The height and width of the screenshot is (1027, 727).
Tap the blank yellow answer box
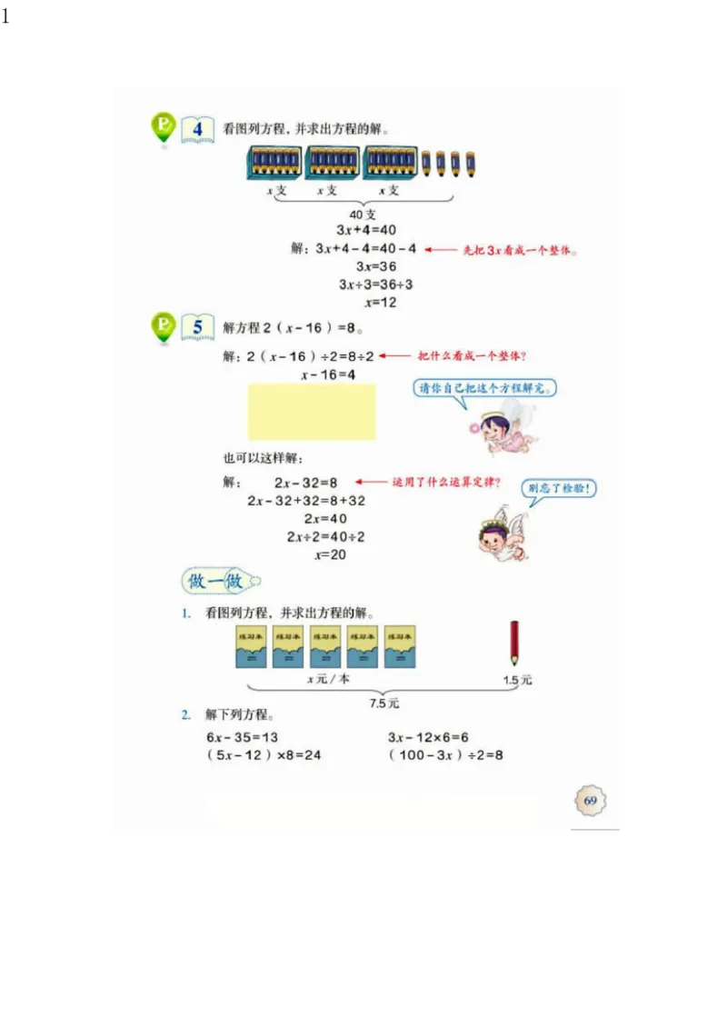[x=312, y=412]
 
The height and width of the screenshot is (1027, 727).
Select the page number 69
[x=590, y=801]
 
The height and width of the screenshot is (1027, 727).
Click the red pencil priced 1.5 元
[x=514, y=643]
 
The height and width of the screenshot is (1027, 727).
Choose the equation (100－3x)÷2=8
[x=445, y=755]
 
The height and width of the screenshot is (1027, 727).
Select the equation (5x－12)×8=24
[x=264, y=755]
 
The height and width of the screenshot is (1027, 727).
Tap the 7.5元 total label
[x=383, y=703]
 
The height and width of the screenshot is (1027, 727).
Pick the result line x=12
[x=381, y=303]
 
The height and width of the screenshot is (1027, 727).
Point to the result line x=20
[x=330, y=554]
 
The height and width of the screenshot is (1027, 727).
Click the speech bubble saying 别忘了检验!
[x=560, y=489]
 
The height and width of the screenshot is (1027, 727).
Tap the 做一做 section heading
[x=216, y=581]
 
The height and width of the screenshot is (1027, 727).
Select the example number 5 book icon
[x=197, y=327]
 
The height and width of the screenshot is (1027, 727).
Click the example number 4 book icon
[x=197, y=130]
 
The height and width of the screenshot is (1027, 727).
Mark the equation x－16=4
[x=328, y=374]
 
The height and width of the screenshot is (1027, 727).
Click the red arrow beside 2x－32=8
[x=370, y=483]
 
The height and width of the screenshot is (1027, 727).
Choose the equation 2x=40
[x=325, y=519]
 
